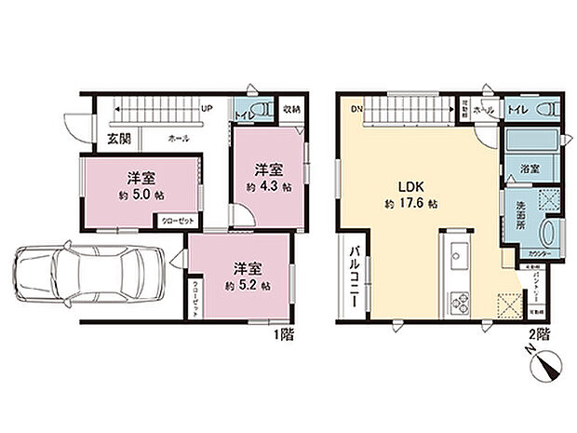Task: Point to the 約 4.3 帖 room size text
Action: [269, 186]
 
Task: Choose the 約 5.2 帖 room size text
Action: [247, 285]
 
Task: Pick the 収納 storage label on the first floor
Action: [291, 109]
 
